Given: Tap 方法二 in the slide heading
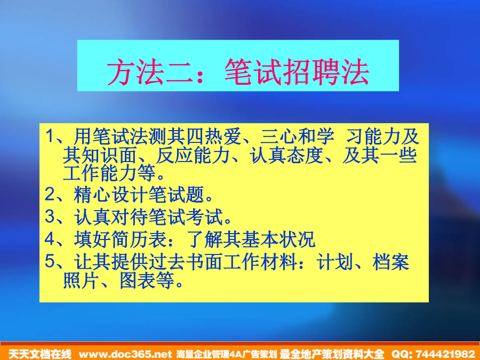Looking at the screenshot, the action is (x=150, y=72).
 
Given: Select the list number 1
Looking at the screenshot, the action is (x=50, y=136).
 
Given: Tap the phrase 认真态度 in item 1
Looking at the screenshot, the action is (x=287, y=155).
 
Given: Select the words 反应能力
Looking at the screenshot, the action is (x=193, y=155).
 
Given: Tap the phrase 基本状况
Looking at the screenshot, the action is (x=278, y=239).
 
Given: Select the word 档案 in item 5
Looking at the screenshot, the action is (x=391, y=262).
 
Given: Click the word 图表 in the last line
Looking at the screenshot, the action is (x=138, y=281).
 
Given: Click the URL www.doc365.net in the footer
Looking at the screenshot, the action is (x=125, y=354).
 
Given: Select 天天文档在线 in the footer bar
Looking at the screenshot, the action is (x=40, y=354).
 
